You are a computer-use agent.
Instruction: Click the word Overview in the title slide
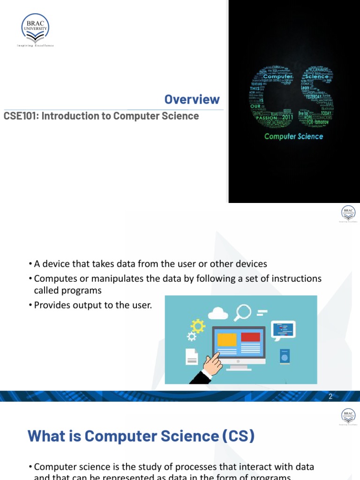(192, 99)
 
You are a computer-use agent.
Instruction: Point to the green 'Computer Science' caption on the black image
(293, 136)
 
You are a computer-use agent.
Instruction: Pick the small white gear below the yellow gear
(191, 336)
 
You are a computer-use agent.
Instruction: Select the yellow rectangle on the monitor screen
(227, 339)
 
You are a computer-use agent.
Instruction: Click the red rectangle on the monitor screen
(250, 337)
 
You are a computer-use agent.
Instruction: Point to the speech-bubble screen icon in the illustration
(284, 329)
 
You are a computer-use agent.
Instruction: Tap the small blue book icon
(284, 357)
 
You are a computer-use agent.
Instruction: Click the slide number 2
(330, 397)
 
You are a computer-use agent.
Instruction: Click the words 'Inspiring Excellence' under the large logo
(35, 45)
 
